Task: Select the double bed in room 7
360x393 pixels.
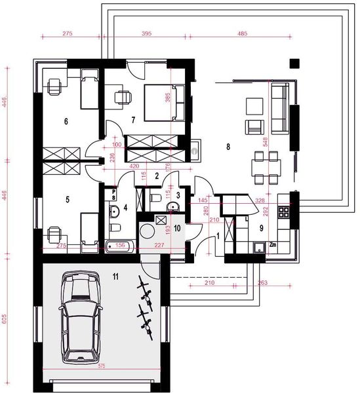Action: tap(161, 102)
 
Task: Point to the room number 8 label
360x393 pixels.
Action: tap(228, 147)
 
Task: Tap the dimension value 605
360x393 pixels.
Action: tap(5, 319)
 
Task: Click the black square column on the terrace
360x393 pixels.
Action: tap(294, 64)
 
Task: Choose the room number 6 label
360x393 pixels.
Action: tap(66, 121)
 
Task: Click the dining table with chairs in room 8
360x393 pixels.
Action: tap(266, 167)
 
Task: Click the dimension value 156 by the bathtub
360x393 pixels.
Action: tap(121, 246)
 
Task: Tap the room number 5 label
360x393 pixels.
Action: tap(66, 195)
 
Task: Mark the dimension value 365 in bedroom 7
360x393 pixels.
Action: tap(169, 98)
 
